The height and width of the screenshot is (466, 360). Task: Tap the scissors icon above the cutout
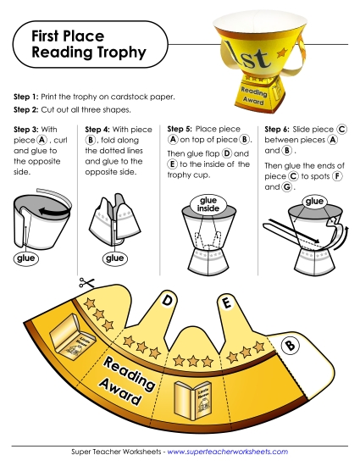(85, 284)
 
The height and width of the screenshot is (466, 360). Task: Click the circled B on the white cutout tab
(289, 345)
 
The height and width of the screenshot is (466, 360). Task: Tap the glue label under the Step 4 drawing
(113, 257)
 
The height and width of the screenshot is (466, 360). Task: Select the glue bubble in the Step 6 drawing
(315, 201)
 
